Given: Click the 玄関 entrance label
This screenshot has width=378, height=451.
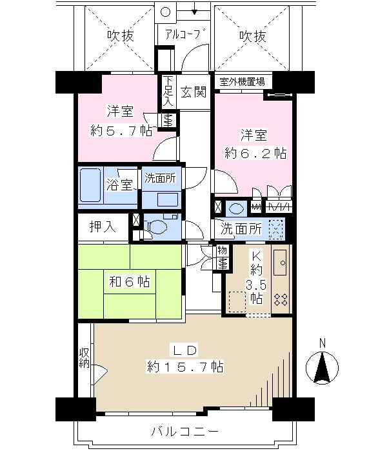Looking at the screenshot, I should (193, 93).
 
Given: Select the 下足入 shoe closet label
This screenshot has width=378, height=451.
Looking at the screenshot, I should (168, 92).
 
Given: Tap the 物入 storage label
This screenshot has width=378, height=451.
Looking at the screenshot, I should (221, 257).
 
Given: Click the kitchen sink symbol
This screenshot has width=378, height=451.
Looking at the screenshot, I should (281, 262).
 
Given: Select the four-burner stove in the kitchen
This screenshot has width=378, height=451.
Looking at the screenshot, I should (281, 299).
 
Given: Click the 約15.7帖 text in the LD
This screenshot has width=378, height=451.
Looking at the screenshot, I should (185, 366).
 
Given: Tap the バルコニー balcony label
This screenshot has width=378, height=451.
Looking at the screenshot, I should (184, 430).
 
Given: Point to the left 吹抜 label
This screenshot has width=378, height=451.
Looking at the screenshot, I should (120, 36).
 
